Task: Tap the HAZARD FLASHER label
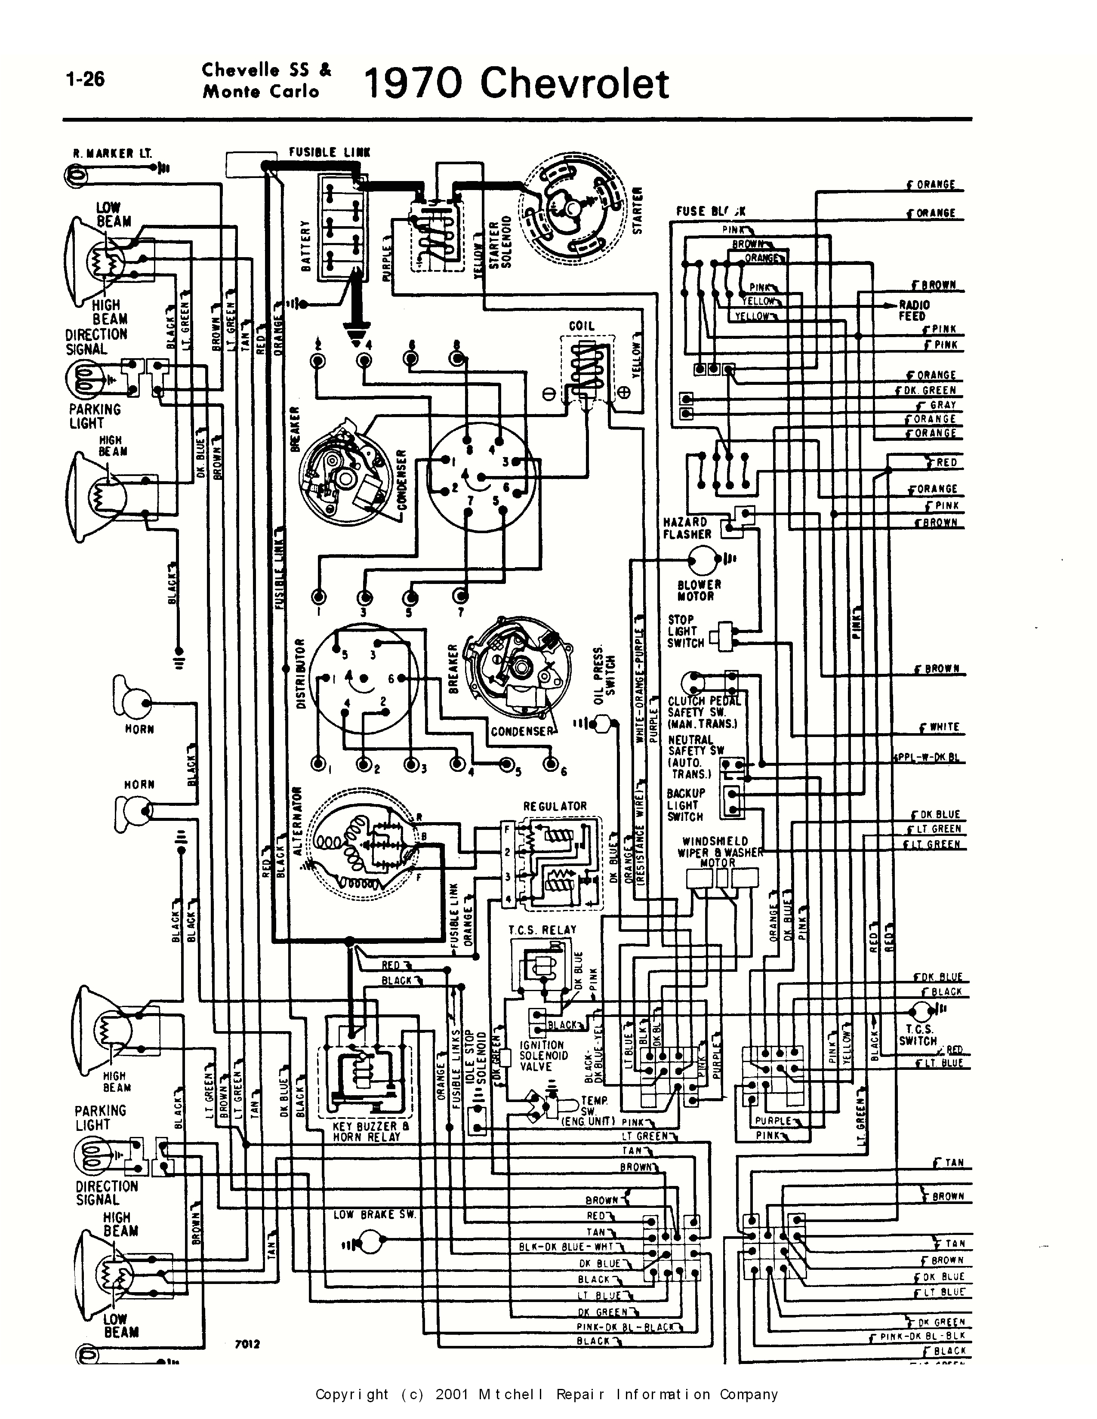(686, 528)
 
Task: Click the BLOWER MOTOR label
(699, 590)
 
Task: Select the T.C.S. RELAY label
(542, 930)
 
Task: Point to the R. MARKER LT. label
(112, 154)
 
